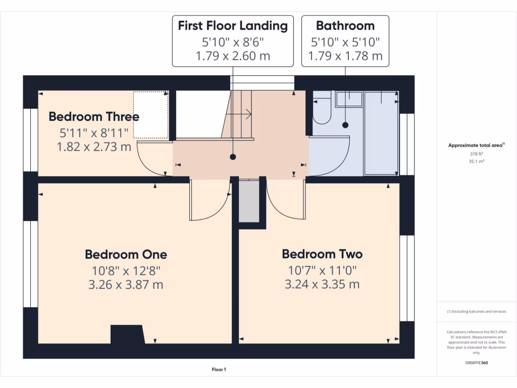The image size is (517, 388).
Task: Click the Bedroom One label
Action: click(126, 254)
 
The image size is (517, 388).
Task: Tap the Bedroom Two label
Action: click(322, 254)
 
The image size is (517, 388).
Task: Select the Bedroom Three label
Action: click(94, 117)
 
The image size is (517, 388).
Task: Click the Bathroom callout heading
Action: click(345, 26)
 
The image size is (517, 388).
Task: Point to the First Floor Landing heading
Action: click(233, 26)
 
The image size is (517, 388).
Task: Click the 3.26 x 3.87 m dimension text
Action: click(126, 284)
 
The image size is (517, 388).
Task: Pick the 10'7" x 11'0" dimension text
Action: click(322, 270)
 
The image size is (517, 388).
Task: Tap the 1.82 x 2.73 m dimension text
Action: click(94, 147)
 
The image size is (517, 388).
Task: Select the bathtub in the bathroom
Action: click(381, 133)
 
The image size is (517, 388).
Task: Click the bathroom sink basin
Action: click(349, 99)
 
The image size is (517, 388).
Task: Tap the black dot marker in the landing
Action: click(233, 157)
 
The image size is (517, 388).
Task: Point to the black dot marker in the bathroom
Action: click(345, 125)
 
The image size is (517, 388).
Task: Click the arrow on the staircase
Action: click(247, 114)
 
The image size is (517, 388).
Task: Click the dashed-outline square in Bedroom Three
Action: click(150, 115)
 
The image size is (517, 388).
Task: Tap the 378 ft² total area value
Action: click(476, 155)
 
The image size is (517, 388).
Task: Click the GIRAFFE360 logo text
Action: click(477, 363)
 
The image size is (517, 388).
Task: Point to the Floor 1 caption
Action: click(219, 370)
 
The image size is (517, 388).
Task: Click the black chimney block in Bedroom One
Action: click(127, 334)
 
